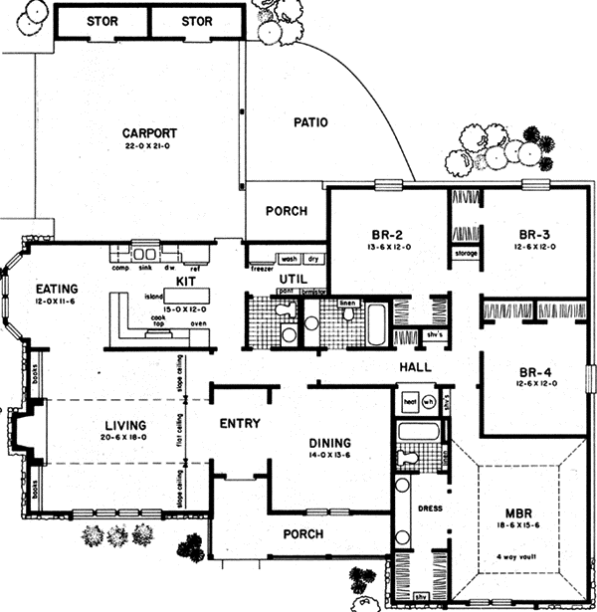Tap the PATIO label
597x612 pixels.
[310, 122]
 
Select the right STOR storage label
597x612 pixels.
[197, 20]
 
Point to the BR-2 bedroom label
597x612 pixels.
[383, 235]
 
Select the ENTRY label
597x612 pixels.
[240, 424]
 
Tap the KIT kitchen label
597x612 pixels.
[186, 283]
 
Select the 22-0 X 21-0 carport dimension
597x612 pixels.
[149, 145]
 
